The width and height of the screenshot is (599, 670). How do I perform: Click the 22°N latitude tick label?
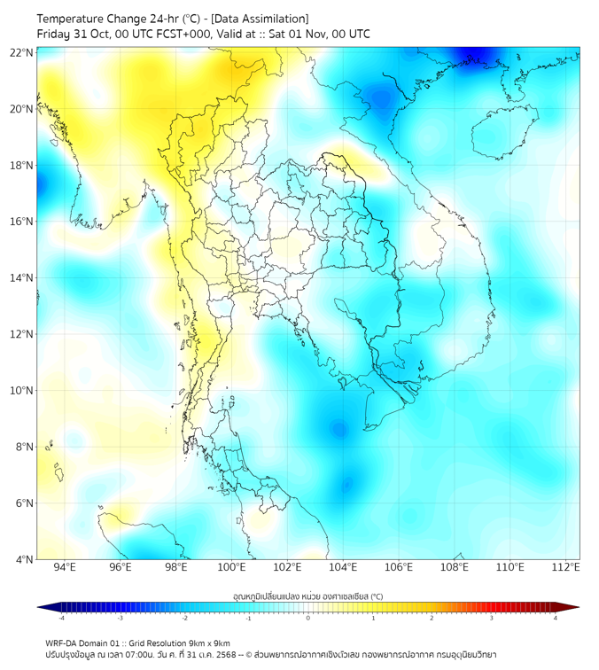click(22, 53)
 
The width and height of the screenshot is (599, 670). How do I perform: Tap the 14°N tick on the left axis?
click(22, 278)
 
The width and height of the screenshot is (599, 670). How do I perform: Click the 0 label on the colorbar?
click(308, 618)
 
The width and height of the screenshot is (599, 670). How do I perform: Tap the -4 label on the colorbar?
click(60, 618)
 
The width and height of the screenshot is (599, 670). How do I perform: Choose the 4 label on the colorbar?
click(556, 618)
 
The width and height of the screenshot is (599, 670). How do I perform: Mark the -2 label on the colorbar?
click(183, 618)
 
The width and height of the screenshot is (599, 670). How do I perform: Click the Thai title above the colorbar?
click(307, 596)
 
